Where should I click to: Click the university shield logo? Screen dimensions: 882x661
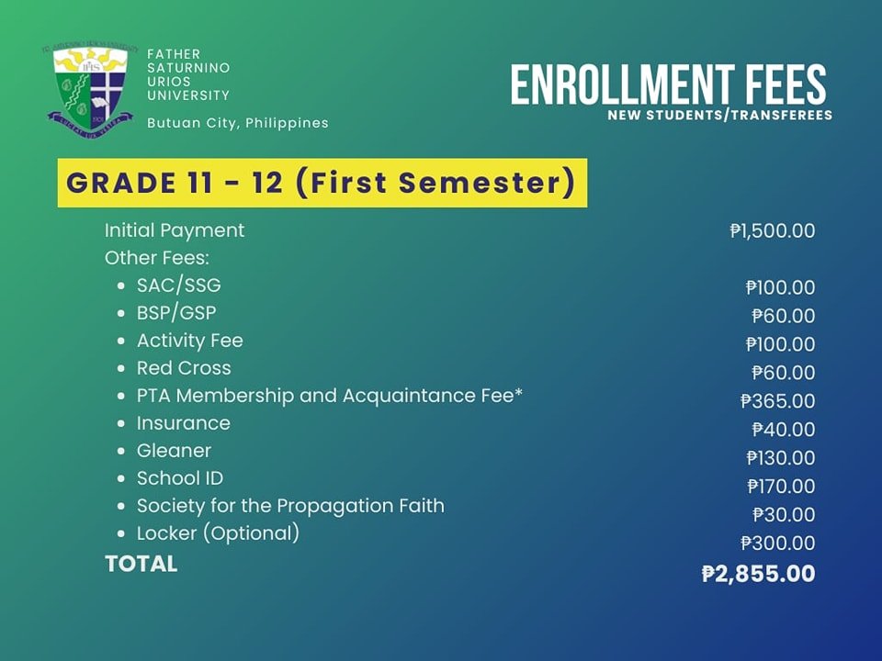[x=90, y=89]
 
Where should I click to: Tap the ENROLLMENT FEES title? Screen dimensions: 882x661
[x=669, y=84]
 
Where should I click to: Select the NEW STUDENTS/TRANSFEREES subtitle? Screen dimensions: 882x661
[x=720, y=116]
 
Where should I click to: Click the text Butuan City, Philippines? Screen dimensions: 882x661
[x=237, y=123]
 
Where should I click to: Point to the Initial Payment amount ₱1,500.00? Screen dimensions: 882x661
[x=773, y=230]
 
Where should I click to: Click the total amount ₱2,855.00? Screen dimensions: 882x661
[x=759, y=574]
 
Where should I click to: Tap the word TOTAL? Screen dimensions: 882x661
[x=141, y=564]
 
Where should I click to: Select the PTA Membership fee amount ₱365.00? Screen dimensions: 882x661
[x=778, y=401]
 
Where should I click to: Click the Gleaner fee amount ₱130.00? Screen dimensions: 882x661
[x=781, y=457]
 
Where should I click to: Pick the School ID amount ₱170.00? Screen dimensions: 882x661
[x=781, y=487]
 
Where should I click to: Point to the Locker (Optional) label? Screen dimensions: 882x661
[x=219, y=533]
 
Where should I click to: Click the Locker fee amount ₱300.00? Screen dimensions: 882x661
[x=778, y=543]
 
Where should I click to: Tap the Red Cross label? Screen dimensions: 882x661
[x=184, y=368]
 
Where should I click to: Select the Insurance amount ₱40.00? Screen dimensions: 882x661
[x=784, y=430]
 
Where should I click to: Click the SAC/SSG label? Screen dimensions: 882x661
[x=179, y=286]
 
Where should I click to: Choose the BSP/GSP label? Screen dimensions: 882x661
[x=176, y=313]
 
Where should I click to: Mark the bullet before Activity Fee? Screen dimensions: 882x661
[x=121, y=342]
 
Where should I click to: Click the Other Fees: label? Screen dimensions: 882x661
[x=157, y=258]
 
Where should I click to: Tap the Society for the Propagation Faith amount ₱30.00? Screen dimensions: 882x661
[x=784, y=514]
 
